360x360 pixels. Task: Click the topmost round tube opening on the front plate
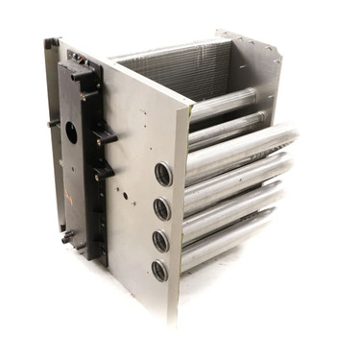point(163,175)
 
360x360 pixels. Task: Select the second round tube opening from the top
point(162,208)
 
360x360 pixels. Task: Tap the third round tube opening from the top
point(161,241)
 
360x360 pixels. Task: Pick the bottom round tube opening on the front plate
point(159,271)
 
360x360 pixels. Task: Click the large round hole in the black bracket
point(70,133)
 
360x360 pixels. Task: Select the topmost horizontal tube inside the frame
point(223,104)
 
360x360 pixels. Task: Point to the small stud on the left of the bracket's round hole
point(55,122)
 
